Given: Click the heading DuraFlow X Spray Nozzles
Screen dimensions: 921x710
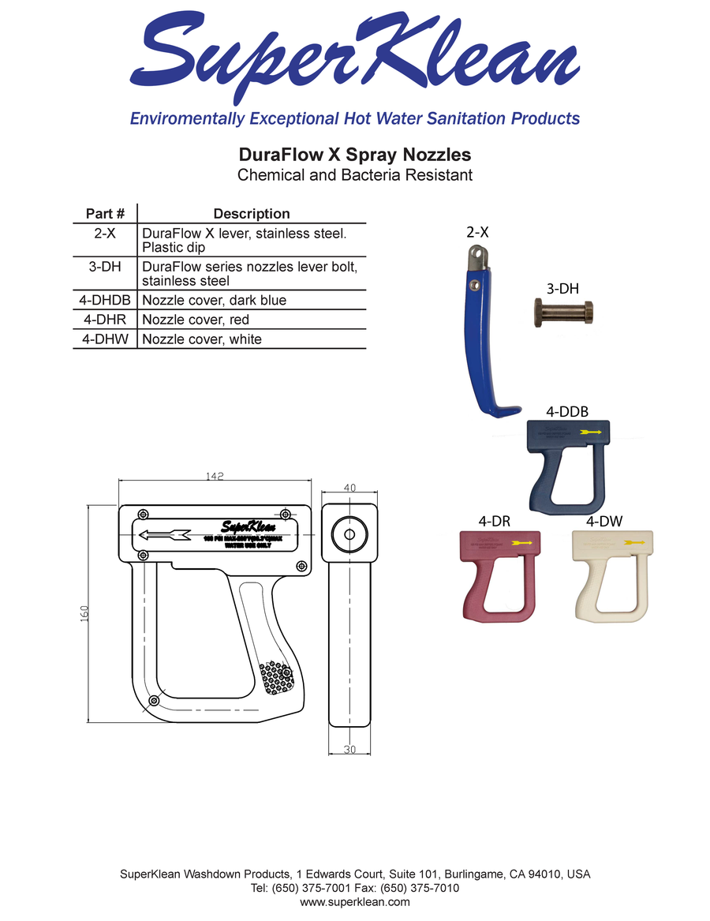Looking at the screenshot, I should [355, 153].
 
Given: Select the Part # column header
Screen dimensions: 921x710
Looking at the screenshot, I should [105, 214].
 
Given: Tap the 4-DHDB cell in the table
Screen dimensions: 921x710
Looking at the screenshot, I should [105, 300].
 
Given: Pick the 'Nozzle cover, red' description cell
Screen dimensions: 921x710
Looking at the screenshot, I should [196, 320].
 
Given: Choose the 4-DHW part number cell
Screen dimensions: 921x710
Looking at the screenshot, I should [105, 339].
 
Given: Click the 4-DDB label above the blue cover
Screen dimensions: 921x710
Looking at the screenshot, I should [566, 411].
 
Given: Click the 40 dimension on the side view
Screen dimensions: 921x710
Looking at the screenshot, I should [350, 488].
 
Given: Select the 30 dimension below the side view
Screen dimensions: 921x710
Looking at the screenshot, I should [349, 750].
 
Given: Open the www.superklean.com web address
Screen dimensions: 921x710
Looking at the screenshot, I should [355, 901].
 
